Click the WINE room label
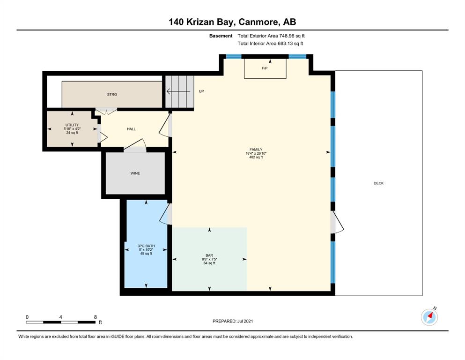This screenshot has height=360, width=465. tap(135, 173)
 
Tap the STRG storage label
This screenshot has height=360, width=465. tap(112, 94)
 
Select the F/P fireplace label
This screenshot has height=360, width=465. tap(265, 68)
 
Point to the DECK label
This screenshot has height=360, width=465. tap(378, 183)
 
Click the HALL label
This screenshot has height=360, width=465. tap(132, 129)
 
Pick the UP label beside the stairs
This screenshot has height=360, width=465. tap(201, 91)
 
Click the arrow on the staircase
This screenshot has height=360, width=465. tap(178, 91)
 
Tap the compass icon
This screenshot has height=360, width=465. tap(429, 317)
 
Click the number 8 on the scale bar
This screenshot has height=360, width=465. tap(95, 317)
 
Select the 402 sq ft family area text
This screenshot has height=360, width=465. tap(256, 157)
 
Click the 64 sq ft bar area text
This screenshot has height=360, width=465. tap(209, 263)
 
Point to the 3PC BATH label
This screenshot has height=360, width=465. tap(146, 246)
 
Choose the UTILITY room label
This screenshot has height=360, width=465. tap(72, 125)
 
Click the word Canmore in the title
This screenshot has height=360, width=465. tap(258, 22)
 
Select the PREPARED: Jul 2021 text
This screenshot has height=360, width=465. tap(233, 321)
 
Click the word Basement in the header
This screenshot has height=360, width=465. tap(221, 36)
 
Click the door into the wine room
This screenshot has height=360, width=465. tap(135, 146)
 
